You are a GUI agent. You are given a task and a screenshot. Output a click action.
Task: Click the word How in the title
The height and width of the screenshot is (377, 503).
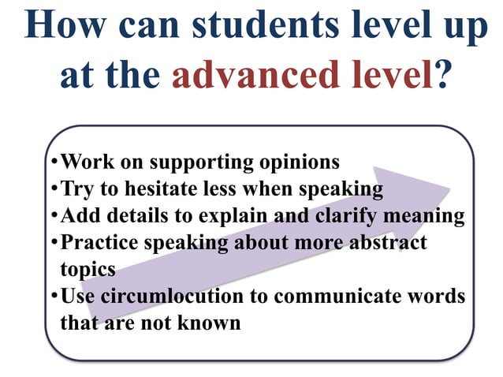pos(64,25)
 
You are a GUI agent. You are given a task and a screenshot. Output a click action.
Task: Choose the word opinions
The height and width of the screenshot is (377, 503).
pos(300,162)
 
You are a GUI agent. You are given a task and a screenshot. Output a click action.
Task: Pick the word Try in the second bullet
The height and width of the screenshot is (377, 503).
pos(77,189)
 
